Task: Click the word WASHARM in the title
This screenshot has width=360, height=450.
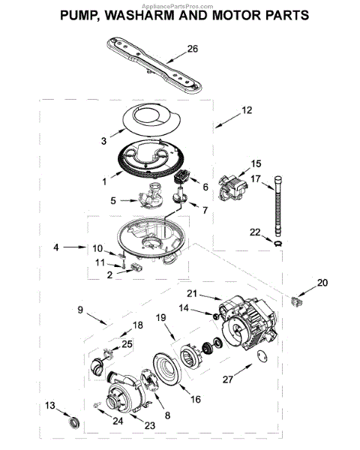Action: tap(139, 16)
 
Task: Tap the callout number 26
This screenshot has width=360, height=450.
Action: tap(193, 49)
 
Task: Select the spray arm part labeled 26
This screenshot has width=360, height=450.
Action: tap(154, 64)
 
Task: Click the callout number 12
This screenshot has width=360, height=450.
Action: tap(247, 110)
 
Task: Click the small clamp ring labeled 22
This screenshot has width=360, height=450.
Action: tap(278, 244)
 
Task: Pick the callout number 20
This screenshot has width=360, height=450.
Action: tap(322, 283)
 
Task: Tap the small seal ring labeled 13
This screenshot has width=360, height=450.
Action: tap(73, 424)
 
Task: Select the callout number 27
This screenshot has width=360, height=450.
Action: tap(228, 379)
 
